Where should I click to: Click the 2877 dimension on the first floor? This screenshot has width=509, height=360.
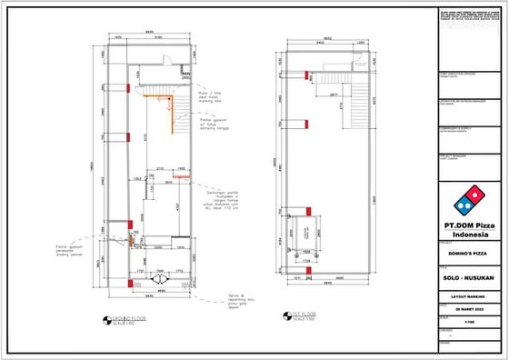pos(334,94)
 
